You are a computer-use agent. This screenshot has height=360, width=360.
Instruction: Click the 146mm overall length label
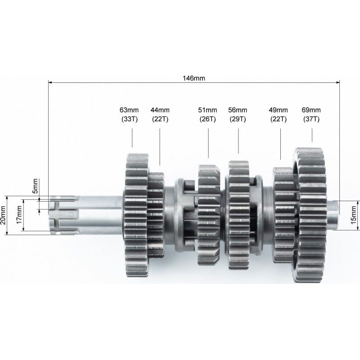pos(194,78)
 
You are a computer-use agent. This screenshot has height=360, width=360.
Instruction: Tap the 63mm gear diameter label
pos(129,110)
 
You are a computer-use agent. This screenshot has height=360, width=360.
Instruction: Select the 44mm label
pos(160,110)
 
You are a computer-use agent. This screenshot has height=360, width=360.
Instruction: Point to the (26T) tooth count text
pos(207,119)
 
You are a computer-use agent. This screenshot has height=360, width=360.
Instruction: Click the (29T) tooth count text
pos(238,119)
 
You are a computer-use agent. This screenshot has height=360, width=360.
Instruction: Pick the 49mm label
pos(278,110)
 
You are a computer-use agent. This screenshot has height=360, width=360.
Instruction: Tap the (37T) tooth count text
pos(311,119)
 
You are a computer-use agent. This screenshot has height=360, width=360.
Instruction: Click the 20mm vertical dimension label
pos(3,215)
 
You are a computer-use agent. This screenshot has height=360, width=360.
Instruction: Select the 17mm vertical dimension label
pos(19,215)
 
